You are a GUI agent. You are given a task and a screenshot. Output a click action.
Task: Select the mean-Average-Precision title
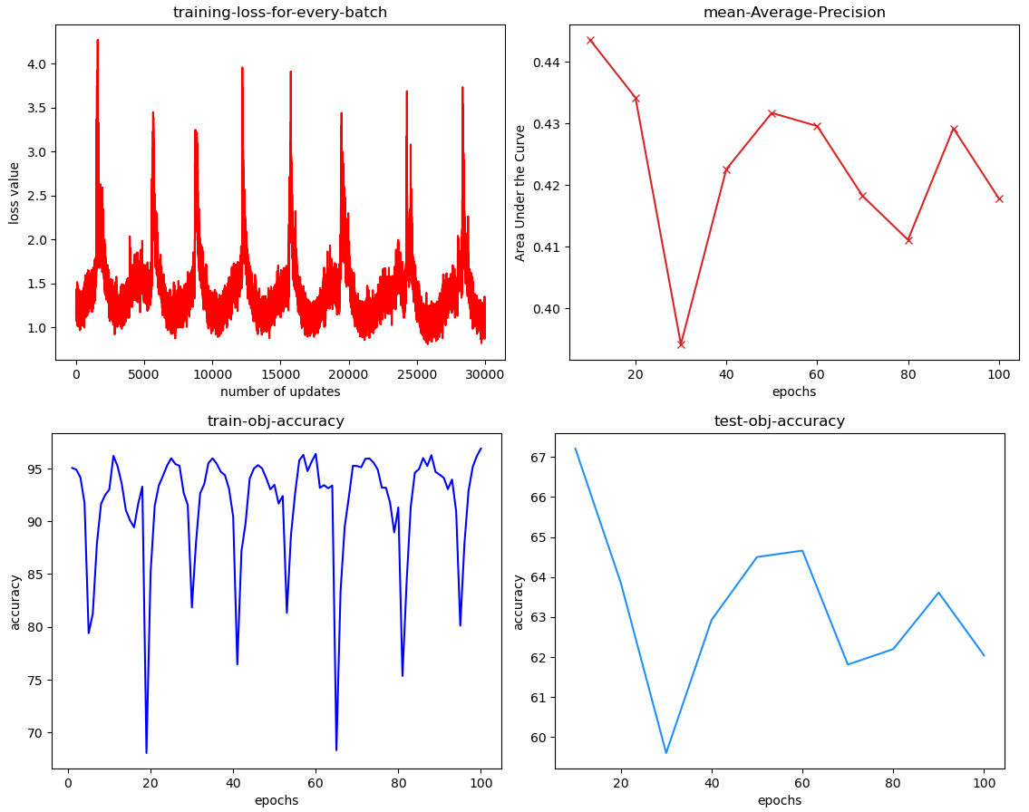[x=794, y=13]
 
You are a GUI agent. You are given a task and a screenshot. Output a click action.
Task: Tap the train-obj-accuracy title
[x=276, y=420]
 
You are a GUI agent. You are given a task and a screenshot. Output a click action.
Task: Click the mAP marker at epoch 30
[x=681, y=344]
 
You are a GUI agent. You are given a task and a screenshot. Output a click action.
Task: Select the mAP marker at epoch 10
[x=590, y=40]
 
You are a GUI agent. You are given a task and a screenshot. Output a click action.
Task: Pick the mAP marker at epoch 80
[x=908, y=240]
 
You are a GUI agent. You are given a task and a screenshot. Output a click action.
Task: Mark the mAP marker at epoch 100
[x=999, y=198]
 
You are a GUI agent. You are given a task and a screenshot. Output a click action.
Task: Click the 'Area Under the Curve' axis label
[x=520, y=193]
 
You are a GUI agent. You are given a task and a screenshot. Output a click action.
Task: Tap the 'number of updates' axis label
[x=280, y=391]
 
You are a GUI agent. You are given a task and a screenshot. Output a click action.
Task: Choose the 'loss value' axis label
[x=15, y=193]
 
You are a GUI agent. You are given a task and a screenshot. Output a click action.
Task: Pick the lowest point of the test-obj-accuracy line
[x=666, y=753]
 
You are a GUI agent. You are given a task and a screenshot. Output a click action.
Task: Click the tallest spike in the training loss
[x=97, y=40]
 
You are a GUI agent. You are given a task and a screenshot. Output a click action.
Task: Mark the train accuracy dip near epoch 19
[x=146, y=752]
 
